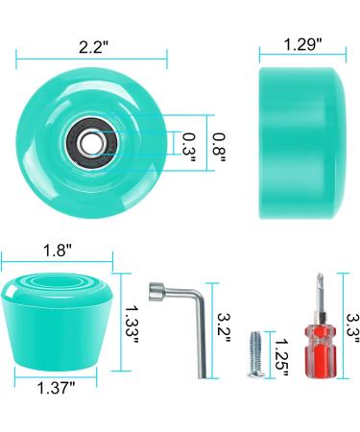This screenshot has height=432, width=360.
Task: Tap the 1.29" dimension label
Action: pos(301,44)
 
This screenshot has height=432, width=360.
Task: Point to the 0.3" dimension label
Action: pos(189,144)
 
